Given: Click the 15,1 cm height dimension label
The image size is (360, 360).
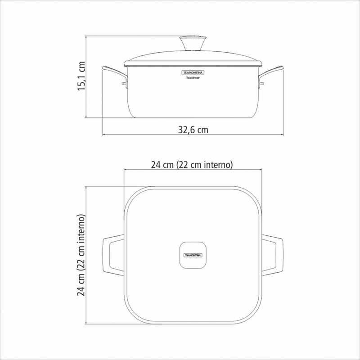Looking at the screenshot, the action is (x=81, y=76).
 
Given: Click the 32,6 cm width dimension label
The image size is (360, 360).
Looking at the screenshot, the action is (x=193, y=130).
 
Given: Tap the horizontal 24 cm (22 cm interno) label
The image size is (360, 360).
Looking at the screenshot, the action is (x=192, y=165).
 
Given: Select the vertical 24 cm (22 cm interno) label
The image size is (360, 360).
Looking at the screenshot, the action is (x=81, y=255).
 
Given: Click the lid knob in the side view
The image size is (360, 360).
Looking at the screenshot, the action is (x=193, y=43).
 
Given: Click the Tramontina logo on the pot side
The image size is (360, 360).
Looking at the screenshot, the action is (x=193, y=72).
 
